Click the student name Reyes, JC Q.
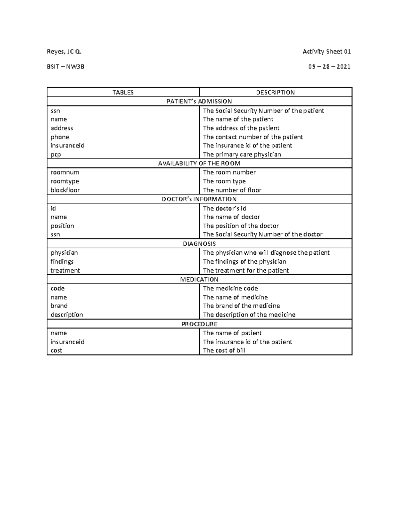point(64,52)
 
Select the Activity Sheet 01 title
point(327,52)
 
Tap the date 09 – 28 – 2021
point(329,67)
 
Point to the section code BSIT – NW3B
point(66,67)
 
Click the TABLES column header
point(123,93)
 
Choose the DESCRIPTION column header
point(275,93)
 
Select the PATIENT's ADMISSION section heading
point(199,102)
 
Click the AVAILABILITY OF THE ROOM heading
point(199,163)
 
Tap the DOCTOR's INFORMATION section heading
point(199,199)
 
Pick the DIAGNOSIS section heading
point(199,244)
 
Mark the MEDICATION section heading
point(199,279)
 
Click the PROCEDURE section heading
point(199,324)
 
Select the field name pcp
point(56,154)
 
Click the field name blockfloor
point(65,190)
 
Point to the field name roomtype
point(65,181)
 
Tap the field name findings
point(62,262)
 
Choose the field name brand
point(59,306)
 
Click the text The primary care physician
point(242,154)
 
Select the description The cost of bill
point(224,350)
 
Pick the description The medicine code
point(230,288)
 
